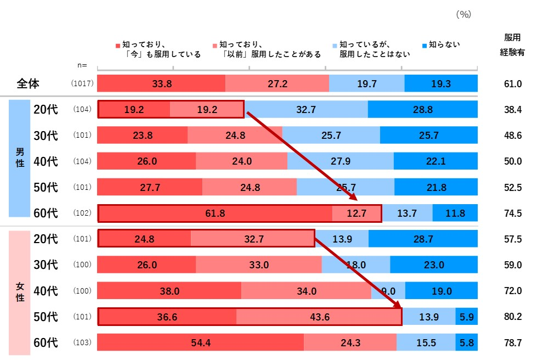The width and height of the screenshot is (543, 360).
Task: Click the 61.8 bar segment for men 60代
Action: [x=214, y=213]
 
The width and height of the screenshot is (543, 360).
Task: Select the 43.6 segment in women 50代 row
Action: [x=319, y=317]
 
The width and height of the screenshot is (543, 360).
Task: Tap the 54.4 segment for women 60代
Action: [x=200, y=342]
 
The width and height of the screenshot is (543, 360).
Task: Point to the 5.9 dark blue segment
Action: [x=466, y=317]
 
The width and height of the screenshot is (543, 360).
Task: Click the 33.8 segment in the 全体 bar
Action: [x=161, y=83]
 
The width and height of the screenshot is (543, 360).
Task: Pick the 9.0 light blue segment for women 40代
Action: [x=388, y=291]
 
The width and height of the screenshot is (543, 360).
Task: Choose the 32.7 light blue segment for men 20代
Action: [x=306, y=109]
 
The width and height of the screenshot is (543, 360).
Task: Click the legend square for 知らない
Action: [x=425, y=46]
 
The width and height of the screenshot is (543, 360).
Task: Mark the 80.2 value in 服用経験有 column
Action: [x=512, y=317]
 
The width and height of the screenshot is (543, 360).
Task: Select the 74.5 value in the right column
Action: [x=512, y=213]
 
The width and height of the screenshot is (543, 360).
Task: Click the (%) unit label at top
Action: [x=463, y=15]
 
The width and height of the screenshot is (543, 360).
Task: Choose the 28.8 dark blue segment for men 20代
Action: [x=422, y=109]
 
